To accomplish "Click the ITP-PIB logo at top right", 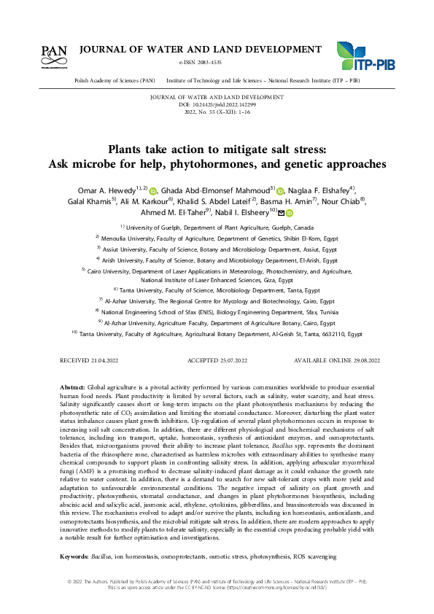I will click(x=365, y=56).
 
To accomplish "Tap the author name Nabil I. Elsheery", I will click(x=244, y=212).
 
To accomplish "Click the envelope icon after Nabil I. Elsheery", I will click(x=282, y=213).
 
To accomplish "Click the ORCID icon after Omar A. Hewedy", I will click(x=153, y=192).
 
